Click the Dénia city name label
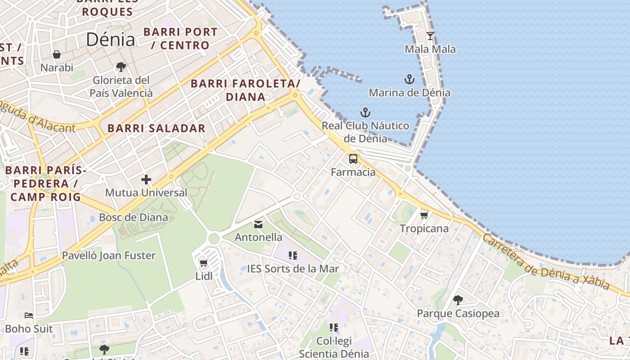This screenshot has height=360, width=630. [x=110, y=40]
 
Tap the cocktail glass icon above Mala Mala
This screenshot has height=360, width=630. [x=430, y=36]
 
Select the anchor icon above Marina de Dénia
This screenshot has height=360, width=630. [x=409, y=80]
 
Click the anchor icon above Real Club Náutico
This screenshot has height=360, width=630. [x=365, y=112]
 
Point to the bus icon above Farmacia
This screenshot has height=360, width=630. [x=353, y=159]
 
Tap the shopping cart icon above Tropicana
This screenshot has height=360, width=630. [x=424, y=216]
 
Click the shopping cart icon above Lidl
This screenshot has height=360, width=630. [x=203, y=263]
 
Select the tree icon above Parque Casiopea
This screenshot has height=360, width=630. [x=458, y=300]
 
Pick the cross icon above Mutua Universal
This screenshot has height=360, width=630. [x=146, y=180]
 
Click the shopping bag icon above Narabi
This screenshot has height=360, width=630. [x=57, y=54]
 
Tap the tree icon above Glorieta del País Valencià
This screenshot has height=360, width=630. [x=121, y=67]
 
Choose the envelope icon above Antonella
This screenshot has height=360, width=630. [x=258, y=224]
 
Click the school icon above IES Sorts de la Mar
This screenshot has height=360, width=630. [x=293, y=256]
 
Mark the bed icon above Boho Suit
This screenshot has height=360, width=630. [x=29, y=315]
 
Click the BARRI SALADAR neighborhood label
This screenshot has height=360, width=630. [x=156, y=128]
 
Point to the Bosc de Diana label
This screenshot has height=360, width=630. [x=133, y=217]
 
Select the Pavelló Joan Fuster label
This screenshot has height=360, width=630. [x=108, y=256]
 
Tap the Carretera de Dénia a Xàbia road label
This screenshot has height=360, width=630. [x=545, y=262]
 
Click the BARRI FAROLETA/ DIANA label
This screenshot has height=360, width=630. [x=245, y=90]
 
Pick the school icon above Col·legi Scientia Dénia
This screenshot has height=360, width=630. [x=333, y=327]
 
